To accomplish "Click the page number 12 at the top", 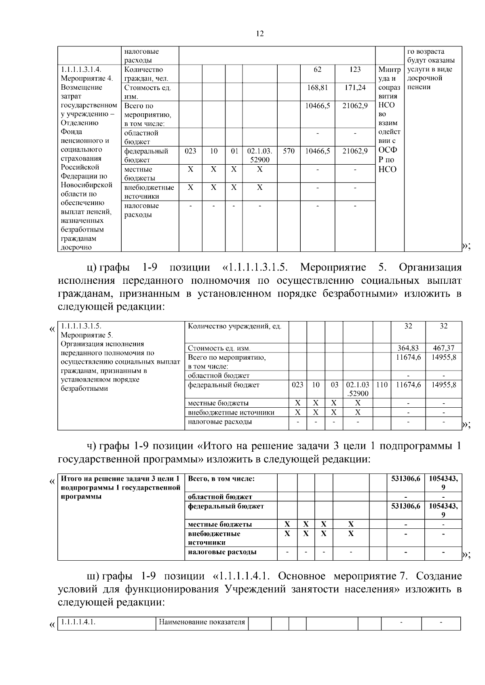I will pos(260,34).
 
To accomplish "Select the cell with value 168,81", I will pos(318,88).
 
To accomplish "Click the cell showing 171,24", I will pos(355,88).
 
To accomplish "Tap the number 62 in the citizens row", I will pos(318,69).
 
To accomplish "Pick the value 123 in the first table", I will pos(355,69).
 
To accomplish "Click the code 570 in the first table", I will pos(289,151).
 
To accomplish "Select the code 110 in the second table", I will pos(382,385).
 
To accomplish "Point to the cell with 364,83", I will pos(408,348).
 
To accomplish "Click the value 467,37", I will pos(443,348).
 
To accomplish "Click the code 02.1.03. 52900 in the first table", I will pos(259,155).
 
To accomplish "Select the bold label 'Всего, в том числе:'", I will pos(221,479).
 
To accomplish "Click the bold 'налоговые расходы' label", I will pos(222,552).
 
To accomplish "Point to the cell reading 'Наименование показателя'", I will pos(202,622).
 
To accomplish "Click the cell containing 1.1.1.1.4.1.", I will pos(78,622).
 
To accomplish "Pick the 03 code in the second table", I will pos(334,385).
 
